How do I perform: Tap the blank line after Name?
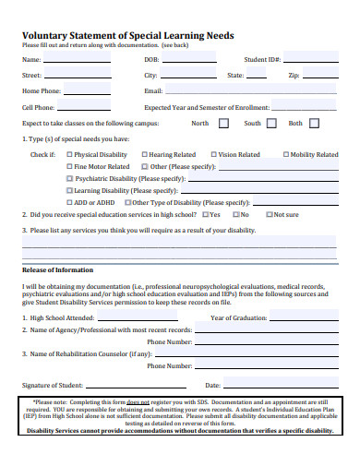pos(78,62)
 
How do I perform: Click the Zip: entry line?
pos(323,78)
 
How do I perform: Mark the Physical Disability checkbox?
pos(70,155)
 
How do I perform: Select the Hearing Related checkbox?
pos(144,155)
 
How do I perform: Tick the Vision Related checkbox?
pos(214,155)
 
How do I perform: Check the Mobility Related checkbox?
pos(286,155)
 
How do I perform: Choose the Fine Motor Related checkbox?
pos(70,167)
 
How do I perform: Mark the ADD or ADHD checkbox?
pos(70,202)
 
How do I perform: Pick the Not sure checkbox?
pos(269,214)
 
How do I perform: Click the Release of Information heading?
pos(57,270)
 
